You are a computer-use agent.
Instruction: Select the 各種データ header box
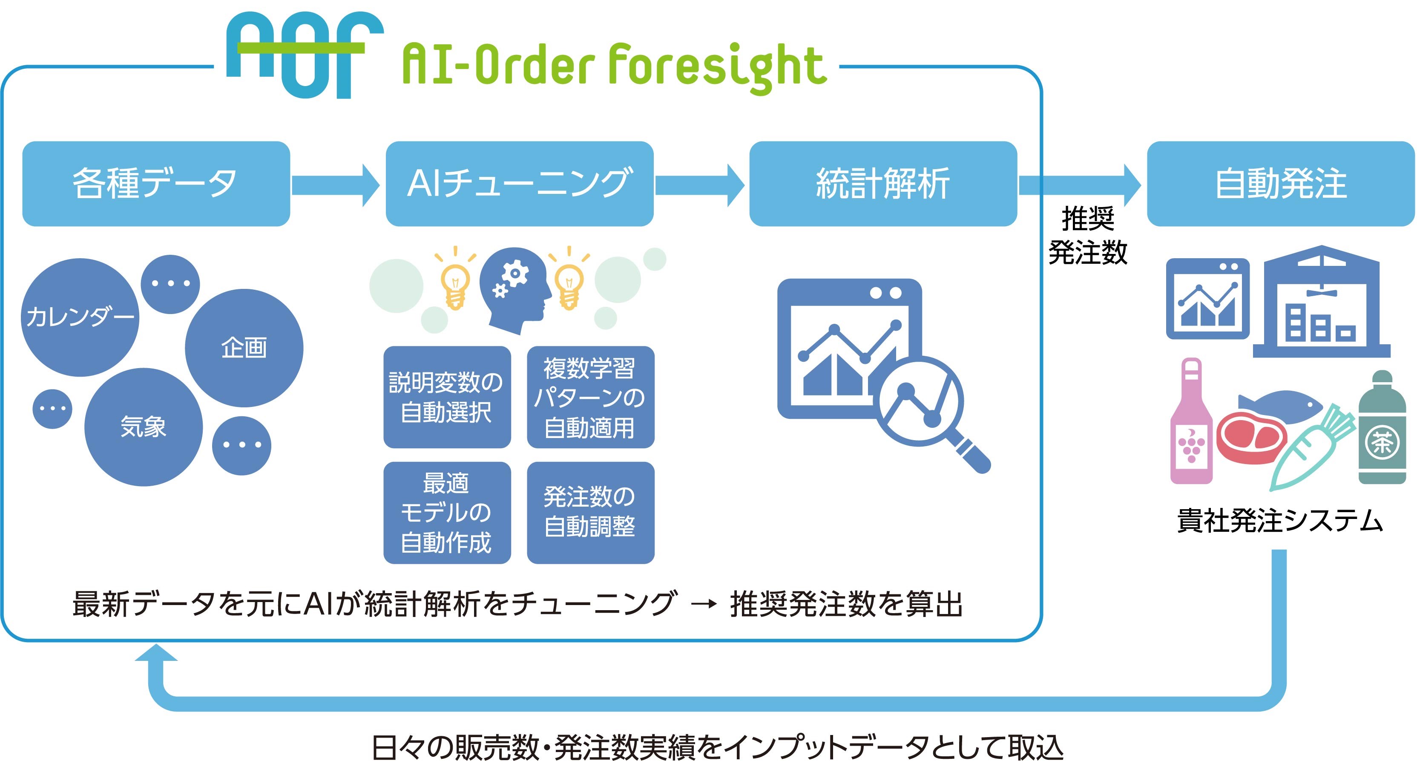(156, 184)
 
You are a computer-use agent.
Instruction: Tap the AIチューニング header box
(520, 184)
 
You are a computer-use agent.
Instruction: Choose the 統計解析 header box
(883, 184)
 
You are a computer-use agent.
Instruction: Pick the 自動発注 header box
(1281, 184)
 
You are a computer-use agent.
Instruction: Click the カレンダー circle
(80, 317)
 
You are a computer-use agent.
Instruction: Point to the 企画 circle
(244, 348)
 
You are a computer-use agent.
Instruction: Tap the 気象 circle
(144, 427)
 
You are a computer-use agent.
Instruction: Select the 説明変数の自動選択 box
(447, 397)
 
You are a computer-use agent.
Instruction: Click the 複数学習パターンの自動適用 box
(591, 397)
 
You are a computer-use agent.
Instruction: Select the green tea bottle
(1383, 427)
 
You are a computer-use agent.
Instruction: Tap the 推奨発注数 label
(1088, 236)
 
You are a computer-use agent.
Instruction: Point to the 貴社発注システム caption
(1280, 521)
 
